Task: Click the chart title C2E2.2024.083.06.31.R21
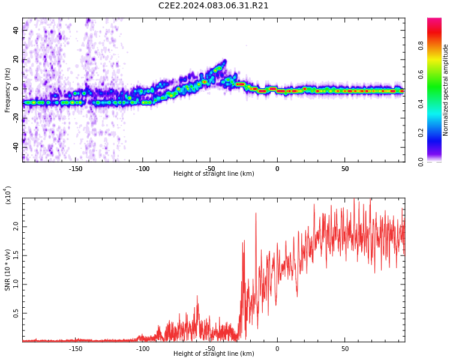point(214,6)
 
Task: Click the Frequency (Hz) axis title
point(8,90)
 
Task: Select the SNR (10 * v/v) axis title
point(8,269)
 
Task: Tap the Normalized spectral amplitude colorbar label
point(446,90)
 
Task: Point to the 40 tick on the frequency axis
point(16,29)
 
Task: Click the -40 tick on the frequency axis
point(15,146)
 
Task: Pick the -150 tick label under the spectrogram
point(75,169)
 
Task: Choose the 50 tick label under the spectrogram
point(345,169)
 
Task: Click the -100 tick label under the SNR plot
point(143,349)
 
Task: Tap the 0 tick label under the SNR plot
point(277,349)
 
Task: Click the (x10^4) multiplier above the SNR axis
point(8,194)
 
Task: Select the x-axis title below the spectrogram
point(214,174)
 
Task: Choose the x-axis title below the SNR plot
point(214,354)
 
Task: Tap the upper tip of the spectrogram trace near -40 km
point(224,61)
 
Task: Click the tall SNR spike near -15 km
point(256,214)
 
